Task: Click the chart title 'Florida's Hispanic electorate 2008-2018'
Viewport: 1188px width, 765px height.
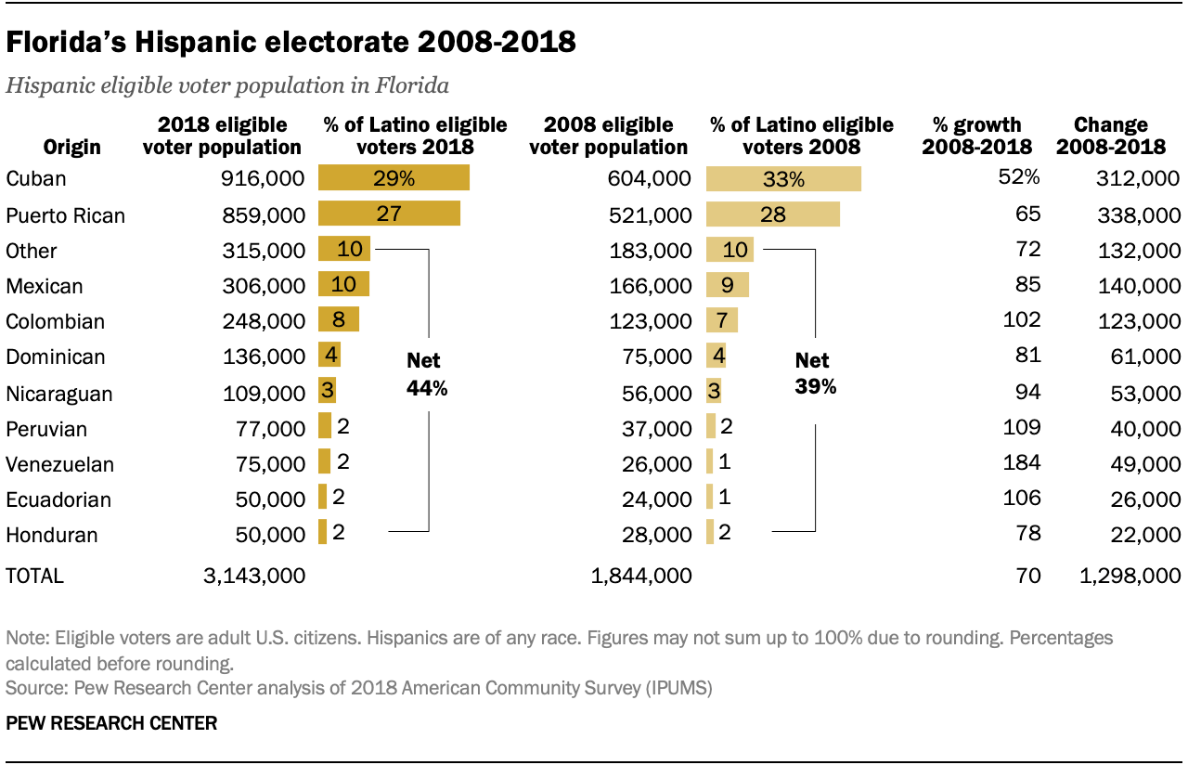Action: [x=291, y=43]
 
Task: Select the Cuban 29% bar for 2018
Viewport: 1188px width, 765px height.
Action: [x=394, y=179]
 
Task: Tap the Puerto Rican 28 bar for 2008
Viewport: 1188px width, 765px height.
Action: [x=772, y=215]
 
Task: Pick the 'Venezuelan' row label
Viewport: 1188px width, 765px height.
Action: [x=60, y=464]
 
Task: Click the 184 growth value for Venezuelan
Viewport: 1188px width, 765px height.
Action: [x=1023, y=462]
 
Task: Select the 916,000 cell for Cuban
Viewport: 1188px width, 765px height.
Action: [x=265, y=179]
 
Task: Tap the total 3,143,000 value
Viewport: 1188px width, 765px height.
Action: [x=253, y=576]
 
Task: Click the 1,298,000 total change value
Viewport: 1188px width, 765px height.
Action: [x=1130, y=576]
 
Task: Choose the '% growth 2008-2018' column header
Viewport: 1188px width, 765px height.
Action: [x=976, y=136]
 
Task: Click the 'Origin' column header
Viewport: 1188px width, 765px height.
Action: [x=71, y=147]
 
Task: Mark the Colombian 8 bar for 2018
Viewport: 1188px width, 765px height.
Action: [x=339, y=321]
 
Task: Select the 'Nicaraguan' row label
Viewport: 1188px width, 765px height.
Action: [x=59, y=394]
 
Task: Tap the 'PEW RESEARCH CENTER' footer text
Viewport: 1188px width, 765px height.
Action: [x=111, y=722]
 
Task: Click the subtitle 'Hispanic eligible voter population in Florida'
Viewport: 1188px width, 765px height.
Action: [x=227, y=86]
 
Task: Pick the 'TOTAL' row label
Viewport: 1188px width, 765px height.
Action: [x=35, y=576]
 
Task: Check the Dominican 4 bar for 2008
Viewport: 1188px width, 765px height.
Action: [x=716, y=357]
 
